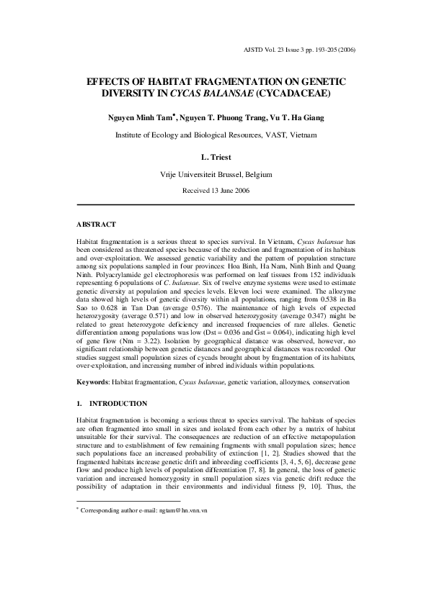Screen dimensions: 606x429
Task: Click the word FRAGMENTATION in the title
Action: [215, 81]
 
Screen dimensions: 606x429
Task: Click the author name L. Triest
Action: [214, 155]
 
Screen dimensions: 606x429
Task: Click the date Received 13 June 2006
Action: [214, 191]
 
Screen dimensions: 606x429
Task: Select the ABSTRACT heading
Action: [96, 225]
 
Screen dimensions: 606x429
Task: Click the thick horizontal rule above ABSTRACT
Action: [215, 205]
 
